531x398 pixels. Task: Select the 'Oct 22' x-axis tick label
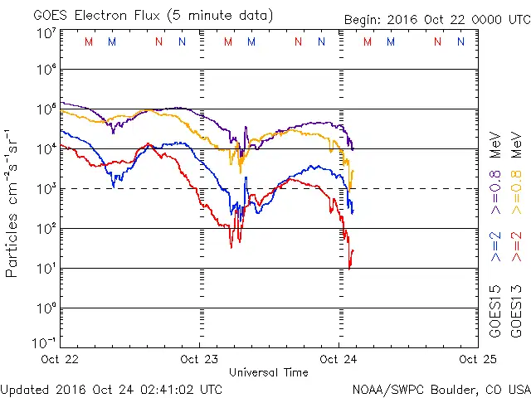pos(60,359)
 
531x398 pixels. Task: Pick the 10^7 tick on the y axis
pos(46,33)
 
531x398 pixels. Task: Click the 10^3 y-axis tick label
pos(46,189)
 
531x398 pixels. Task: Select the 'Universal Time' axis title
pos(269,372)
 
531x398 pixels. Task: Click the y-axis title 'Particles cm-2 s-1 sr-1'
pos(13,202)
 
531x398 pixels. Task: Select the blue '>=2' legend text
pos(494,246)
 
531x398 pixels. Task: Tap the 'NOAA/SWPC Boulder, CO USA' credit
pos(441,388)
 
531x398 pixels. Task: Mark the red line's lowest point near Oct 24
pos(350,268)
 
